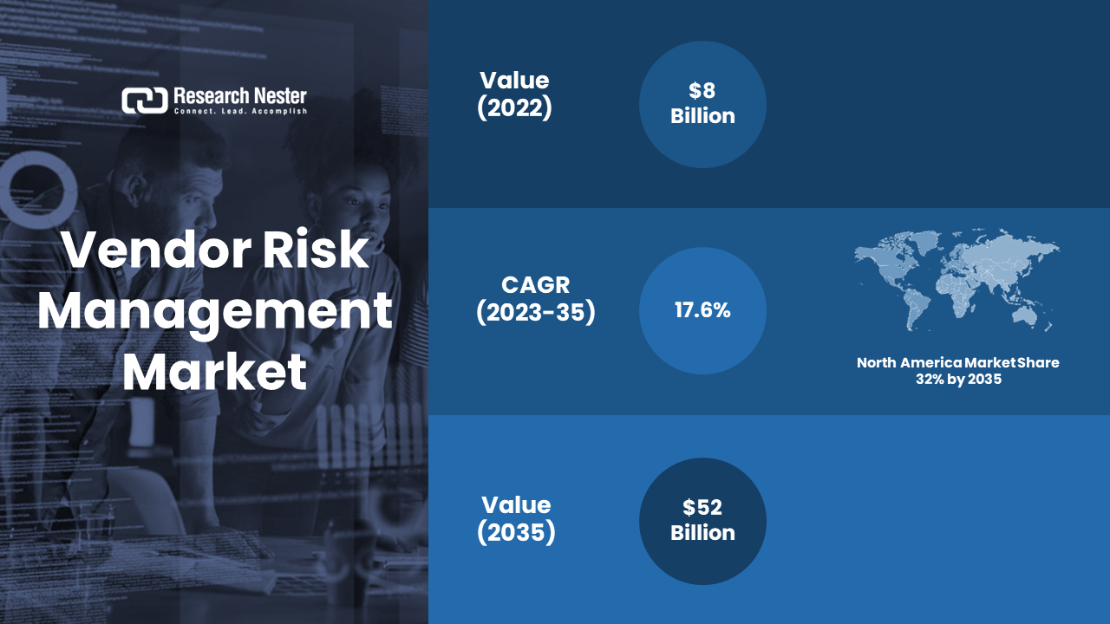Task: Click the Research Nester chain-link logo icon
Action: click(x=145, y=101)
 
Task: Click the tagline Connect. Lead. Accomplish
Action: click(x=240, y=112)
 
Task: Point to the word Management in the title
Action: click(x=215, y=312)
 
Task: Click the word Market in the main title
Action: click(x=214, y=372)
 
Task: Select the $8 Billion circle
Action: click(x=702, y=105)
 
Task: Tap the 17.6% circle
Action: click(x=702, y=310)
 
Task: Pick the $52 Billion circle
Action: click(x=702, y=521)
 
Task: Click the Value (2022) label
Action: click(x=514, y=94)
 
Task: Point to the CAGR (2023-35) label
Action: click(x=536, y=299)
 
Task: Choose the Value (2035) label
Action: click(x=516, y=518)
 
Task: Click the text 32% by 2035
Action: click(x=958, y=380)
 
